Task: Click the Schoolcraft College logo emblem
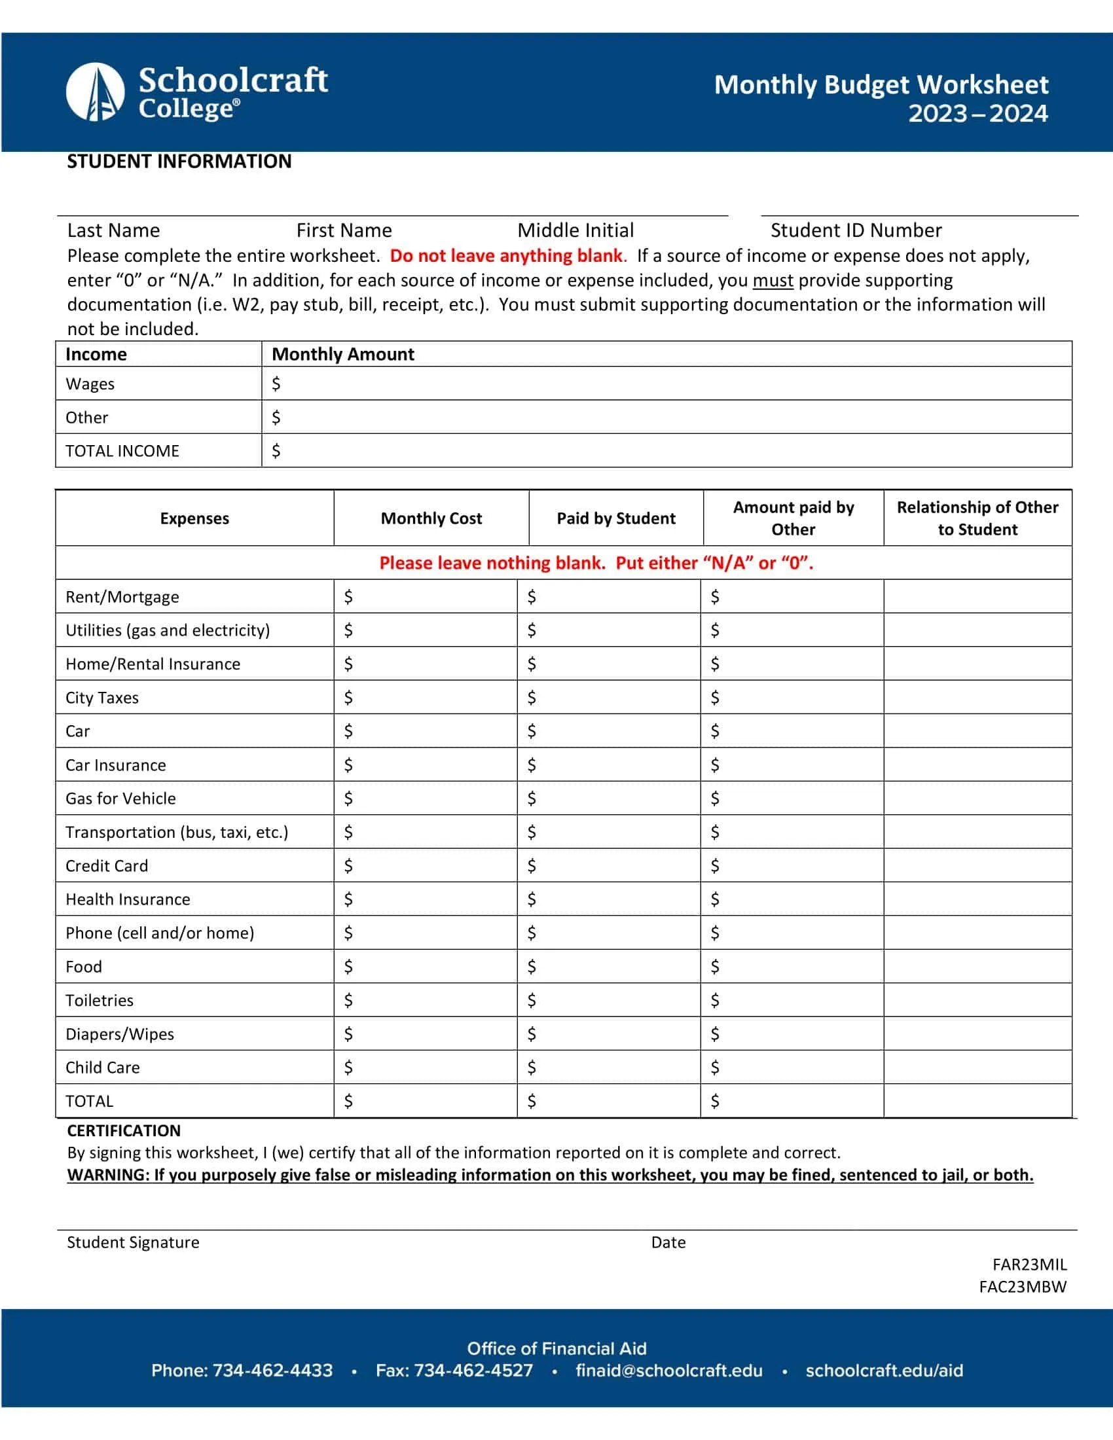tap(96, 92)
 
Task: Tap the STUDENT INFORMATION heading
tap(179, 162)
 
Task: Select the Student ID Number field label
tap(856, 230)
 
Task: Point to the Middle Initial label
tap(575, 230)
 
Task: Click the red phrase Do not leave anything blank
tap(505, 256)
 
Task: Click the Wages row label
tap(90, 384)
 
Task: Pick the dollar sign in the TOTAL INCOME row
tap(276, 451)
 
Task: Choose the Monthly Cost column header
tap(431, 518)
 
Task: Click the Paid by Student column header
tap(616, 518)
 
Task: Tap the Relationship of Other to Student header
tap(977, 518)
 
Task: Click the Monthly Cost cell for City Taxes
tap(426, 698)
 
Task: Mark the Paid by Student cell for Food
tap(609, 967)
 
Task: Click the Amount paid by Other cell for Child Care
tap(792, 1068)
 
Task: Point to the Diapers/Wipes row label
tap(119, 1034)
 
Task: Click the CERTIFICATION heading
tap(124, 1131)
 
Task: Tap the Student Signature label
tap(133, 1242)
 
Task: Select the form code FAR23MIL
tap(1029, 1264)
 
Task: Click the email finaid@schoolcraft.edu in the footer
tap(668, 1370)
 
